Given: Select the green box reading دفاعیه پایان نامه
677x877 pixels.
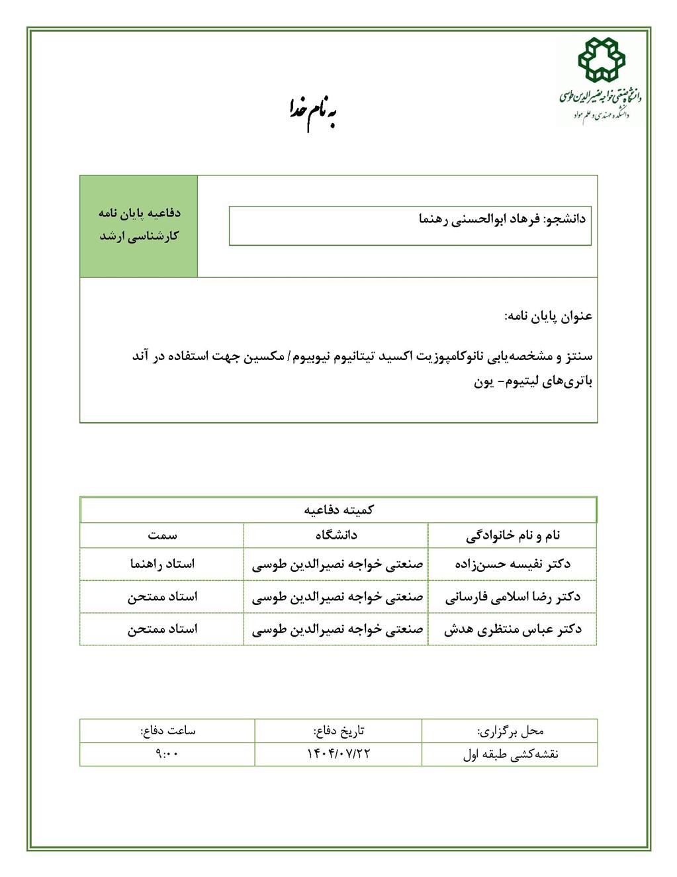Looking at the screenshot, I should [139, 225].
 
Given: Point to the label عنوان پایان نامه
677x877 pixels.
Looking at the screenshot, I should [549, 316].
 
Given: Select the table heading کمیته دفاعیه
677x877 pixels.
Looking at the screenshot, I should [339, 510].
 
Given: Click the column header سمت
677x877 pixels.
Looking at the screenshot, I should [162, 535].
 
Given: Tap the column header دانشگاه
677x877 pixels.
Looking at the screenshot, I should [336, 535].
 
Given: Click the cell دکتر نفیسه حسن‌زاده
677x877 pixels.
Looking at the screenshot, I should [513, 564].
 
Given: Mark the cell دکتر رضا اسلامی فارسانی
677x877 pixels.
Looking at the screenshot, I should [513, 596].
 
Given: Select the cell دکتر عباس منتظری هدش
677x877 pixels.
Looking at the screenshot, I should [513, 629].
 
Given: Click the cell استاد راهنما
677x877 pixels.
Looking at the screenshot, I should [162, 564].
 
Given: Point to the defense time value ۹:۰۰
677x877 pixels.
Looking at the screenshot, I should [167, 754].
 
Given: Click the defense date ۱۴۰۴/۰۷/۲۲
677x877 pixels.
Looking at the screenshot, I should [338, 754].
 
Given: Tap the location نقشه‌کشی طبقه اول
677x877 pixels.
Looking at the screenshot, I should [510, 754].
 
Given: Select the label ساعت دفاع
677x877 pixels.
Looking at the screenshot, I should [167, 731].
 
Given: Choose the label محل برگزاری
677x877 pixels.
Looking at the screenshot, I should [510, 731].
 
